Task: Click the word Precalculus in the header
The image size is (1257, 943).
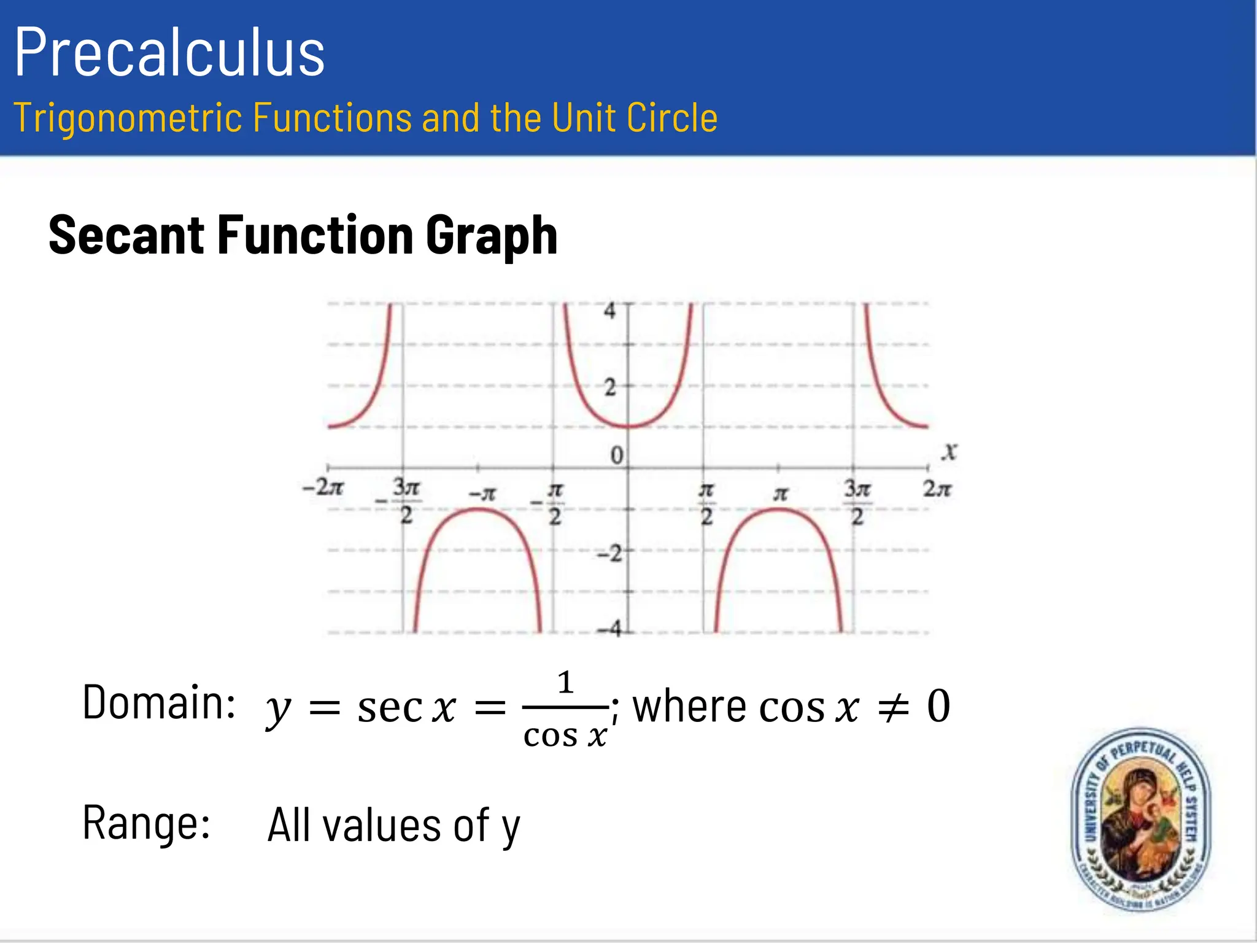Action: (x=169, y=53)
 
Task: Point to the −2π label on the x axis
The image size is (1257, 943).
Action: (x=323, y=488)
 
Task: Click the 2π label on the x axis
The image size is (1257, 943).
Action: (x=937, y=489)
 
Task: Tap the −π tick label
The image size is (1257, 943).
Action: (x=482, y=494)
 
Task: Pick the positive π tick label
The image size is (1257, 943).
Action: (x=780, y=494)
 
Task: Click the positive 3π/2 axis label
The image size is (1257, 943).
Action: (x=857, y=502)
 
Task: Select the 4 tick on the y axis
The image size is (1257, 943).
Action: (x=609, y=311)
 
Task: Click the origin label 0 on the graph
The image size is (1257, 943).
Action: (x=616, y=456)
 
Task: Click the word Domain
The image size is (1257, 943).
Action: (x=159, y=702)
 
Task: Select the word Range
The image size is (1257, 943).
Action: (x=146, y=823)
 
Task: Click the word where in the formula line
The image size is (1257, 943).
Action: (x=689, y=707)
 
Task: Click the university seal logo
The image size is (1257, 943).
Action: (x=1140, y=820)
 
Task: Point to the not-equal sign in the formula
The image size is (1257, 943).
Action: (x=893, y=707)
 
